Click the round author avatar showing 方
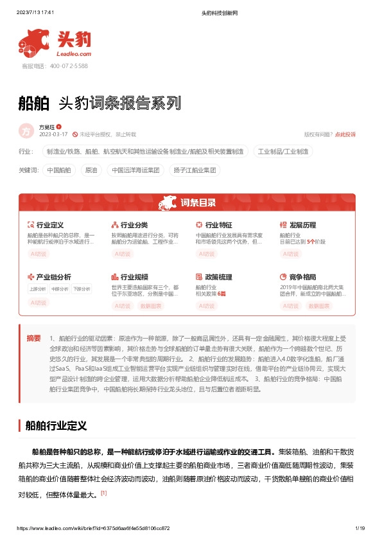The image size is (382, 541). (x=26, y=130)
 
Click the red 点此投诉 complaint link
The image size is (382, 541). (x=345, y=134)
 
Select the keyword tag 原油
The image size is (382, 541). (x=91, y=170)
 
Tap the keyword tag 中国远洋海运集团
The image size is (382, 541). (x=135, y=170)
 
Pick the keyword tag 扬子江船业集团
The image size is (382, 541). (x=195, y=170)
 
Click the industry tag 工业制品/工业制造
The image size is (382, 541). (x=283, y=152)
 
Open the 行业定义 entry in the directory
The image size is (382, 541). (x=49, y=225)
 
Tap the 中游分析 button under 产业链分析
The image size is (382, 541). (x=59, y=288)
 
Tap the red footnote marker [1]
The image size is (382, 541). (x=103, y=493)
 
